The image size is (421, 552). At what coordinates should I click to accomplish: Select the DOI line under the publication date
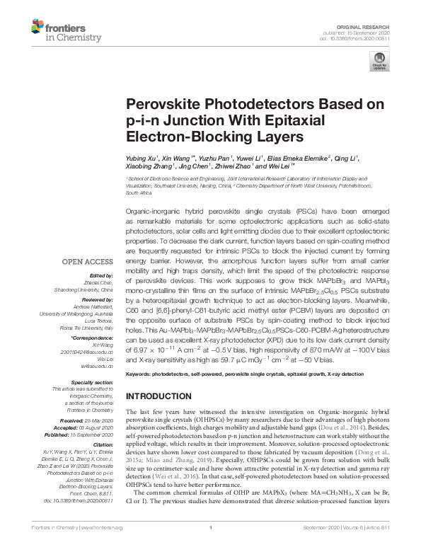359,38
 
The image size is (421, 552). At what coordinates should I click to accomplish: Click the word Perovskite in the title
162,104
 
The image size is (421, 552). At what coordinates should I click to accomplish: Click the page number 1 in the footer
211,547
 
